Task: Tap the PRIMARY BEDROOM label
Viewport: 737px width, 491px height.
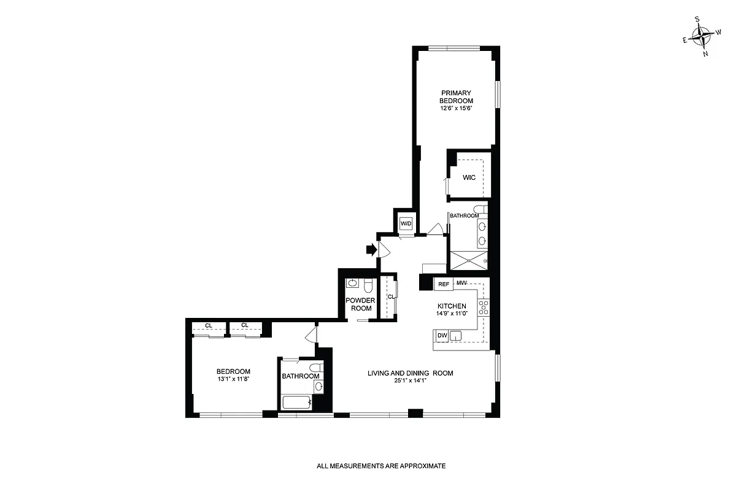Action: [455, 97]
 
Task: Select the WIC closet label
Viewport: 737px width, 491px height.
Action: [469, 177]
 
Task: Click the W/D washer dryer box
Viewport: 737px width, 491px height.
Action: [406, 224]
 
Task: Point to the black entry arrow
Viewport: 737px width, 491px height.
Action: [371, 249]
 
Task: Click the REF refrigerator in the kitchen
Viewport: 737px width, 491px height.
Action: [443, 284]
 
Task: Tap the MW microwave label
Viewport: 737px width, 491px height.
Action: [462, 283]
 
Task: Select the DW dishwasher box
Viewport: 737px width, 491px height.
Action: [442, 335]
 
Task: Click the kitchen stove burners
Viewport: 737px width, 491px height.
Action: [484, 307]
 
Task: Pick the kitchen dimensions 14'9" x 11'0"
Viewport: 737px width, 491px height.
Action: [452, 314]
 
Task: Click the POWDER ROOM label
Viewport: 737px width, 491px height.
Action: [360, 304]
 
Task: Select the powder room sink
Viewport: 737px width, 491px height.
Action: [352, 284]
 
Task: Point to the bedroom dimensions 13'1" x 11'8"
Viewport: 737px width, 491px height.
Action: [233, 379]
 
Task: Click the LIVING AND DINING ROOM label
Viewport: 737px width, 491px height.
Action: [411, 373]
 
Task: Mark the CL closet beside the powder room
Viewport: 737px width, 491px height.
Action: [390, 297]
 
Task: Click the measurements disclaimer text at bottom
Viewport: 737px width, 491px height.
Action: [381, 466]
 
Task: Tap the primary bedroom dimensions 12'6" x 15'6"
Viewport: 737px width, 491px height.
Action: [455, 108]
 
